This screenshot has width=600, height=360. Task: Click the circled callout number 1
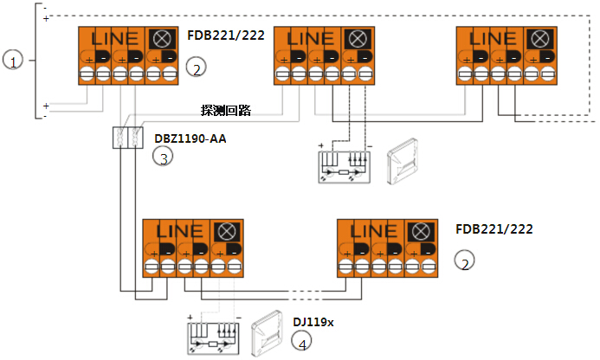(12, 61)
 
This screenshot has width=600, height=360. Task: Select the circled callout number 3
(161, 157)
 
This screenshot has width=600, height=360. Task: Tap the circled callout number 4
(302, 344)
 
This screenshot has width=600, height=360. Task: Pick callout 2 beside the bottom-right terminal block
(466, 262)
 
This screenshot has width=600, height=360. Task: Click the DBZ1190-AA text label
(190, 138)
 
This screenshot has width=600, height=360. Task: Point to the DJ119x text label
(313, 322)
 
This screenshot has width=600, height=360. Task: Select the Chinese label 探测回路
(225, 111)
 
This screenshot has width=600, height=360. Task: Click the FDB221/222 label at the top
(226, 36)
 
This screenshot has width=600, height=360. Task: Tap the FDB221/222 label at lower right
(494, 230)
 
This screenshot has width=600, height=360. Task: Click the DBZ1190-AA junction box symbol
(128, 138)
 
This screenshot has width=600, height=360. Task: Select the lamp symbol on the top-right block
(539, 39)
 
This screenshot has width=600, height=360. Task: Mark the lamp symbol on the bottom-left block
(227, 232)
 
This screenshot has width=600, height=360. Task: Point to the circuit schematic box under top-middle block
(345, 164)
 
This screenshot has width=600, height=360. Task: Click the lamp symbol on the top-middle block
(356, 39)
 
